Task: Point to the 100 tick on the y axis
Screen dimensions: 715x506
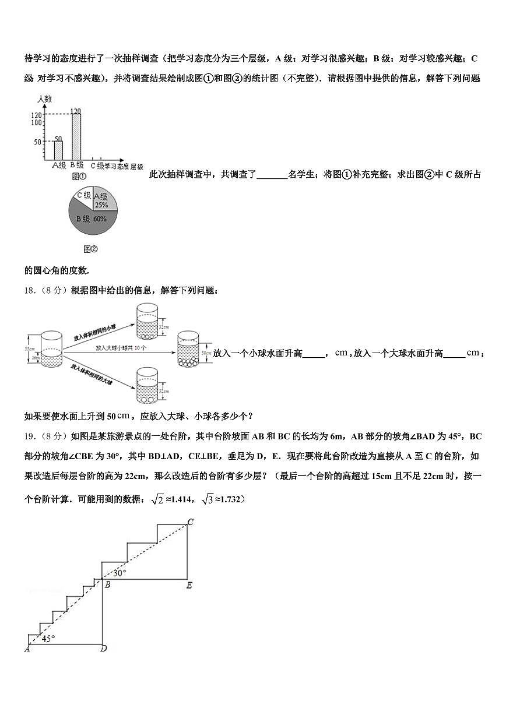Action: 37,122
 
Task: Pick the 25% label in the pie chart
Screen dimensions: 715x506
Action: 101,205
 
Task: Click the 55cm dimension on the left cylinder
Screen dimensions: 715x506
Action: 29,348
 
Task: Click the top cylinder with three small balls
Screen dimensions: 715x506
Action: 146,321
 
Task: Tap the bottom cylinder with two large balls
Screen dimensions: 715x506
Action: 146,386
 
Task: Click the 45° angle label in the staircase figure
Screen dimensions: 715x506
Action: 48,639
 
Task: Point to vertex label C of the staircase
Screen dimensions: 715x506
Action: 190,522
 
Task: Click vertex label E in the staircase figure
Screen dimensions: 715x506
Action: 189,585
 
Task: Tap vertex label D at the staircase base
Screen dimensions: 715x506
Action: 103,648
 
